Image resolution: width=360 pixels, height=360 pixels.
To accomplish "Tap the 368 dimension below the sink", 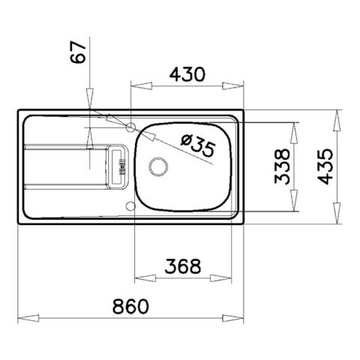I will [182, 265].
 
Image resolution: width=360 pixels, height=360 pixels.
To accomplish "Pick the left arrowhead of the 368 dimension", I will [137, 275].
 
